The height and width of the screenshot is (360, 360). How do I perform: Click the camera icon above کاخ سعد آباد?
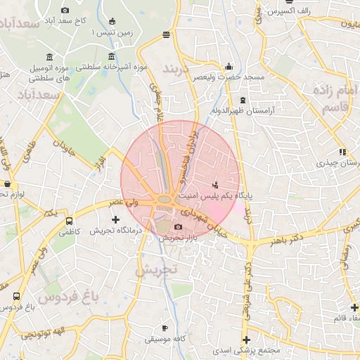pos(65,10)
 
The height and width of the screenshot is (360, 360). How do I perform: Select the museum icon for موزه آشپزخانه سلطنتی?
pos(111,56)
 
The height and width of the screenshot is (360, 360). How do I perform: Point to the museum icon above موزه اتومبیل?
pos(49,56)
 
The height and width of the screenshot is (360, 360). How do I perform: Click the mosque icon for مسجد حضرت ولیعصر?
pos(229,67)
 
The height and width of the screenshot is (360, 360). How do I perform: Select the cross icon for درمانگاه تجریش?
pos(116,221)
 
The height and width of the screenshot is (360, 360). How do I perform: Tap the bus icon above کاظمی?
pos(67,220)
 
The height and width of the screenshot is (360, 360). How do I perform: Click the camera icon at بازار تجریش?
pos(178,226)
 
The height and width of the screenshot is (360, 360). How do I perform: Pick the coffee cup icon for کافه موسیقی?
pos(165,328)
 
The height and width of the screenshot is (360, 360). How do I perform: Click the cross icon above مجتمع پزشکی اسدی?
pos(246,340)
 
